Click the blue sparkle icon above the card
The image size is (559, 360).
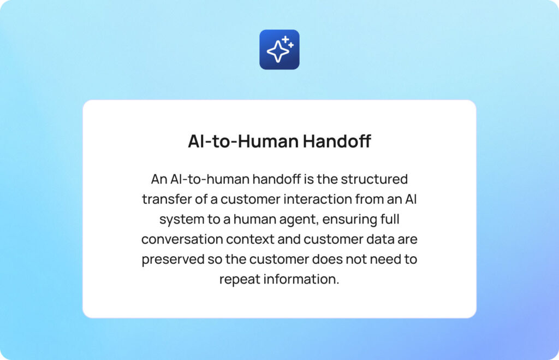(279, 50)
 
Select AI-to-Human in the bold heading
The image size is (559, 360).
(242, 141)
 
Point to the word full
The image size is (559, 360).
(389, 219)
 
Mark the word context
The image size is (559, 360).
(253, 239)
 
